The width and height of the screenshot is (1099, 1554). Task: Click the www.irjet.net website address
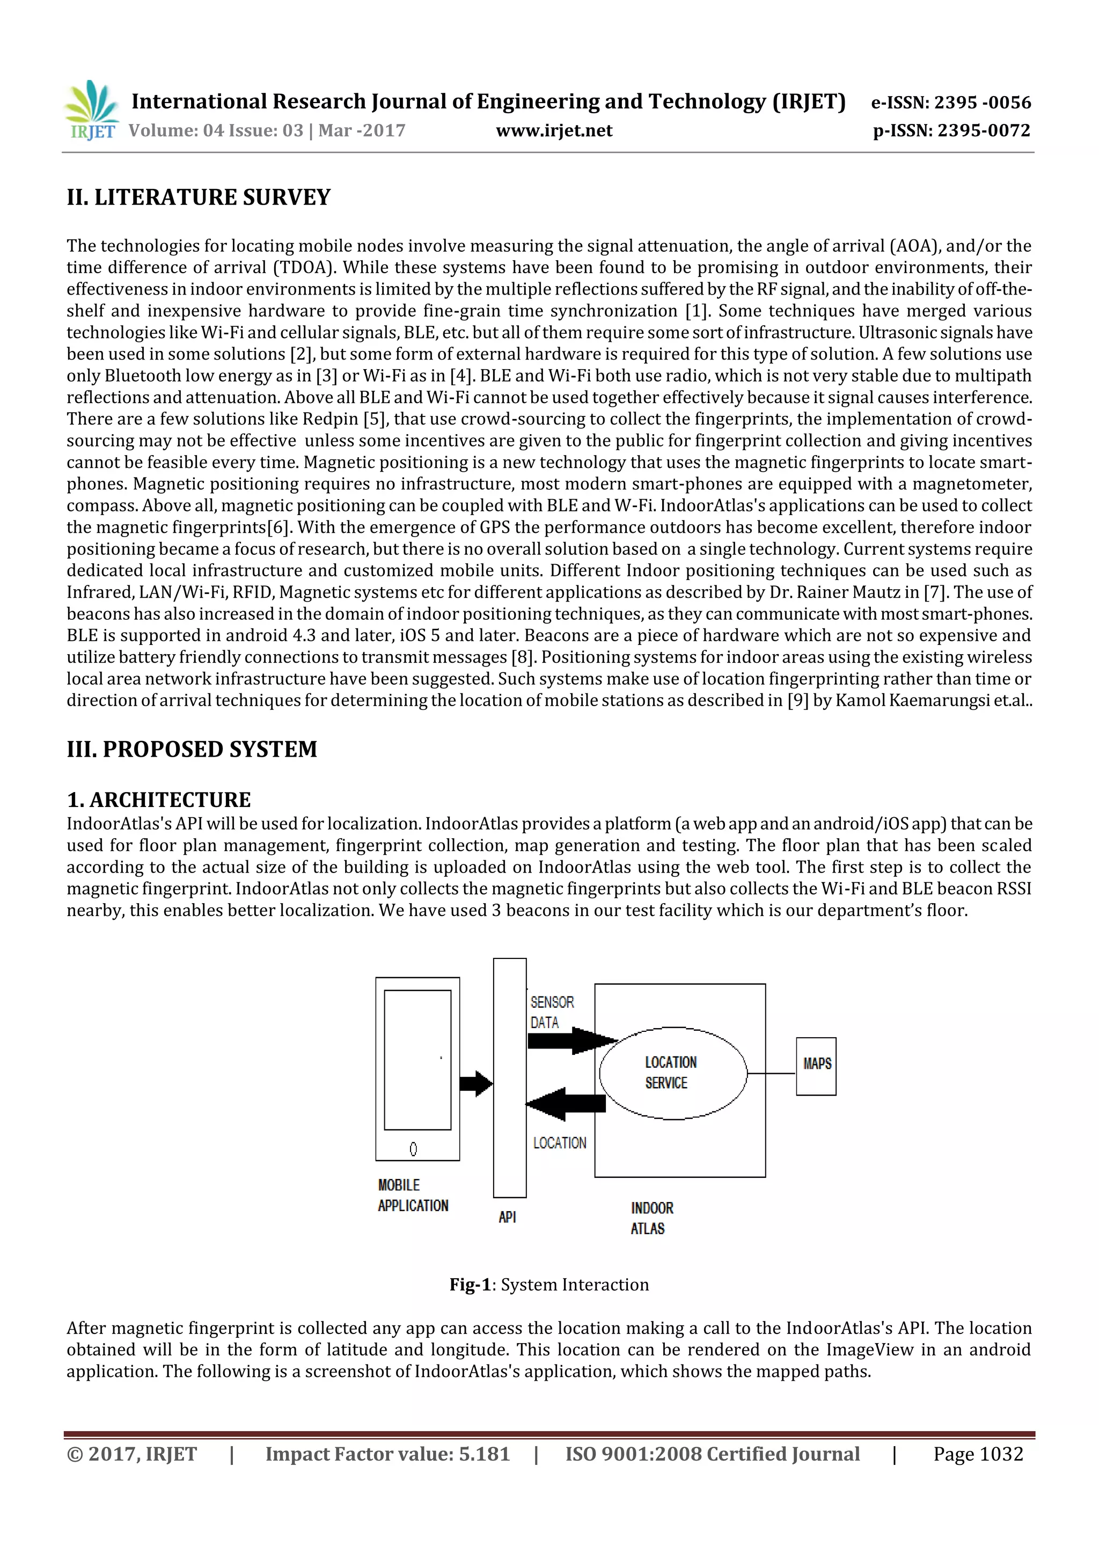pyautogui.click(x=554, y=130)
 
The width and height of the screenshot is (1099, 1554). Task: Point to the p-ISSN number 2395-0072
pyautogui.click(x=951, y=130)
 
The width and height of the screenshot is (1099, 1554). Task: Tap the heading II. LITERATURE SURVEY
pyautogui.click(x=198, y=197)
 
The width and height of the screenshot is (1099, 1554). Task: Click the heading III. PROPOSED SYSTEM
pyautogui.click(x=192, y=749)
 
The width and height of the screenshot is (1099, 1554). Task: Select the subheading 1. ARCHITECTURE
pyautogui.click(x=158, y=800)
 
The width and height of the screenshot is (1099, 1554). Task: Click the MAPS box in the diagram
pyautogui.click(x=816, y=1066)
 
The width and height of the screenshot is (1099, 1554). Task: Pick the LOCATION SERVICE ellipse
pyautogui.click(x=673, y=1073)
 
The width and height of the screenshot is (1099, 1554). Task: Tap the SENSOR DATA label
pyautogui.click(x=552, y=1012)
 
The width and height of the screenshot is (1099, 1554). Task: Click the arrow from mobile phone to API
pyautogui.click(x=476, y=1083)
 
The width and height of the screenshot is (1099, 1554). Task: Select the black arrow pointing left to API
pyautogui.click(x=565, y=1104)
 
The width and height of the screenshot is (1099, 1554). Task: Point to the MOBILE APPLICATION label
pyautogui.click(x=413, y=1195)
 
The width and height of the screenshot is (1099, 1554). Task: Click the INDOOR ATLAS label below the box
pyautogui.click(x=651, y=1218)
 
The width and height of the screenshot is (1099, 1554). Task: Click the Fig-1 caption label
pyautogui.click(x=549, y=1285)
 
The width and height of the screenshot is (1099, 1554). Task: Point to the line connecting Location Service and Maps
pyautogui.click(x=772, y=1073)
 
